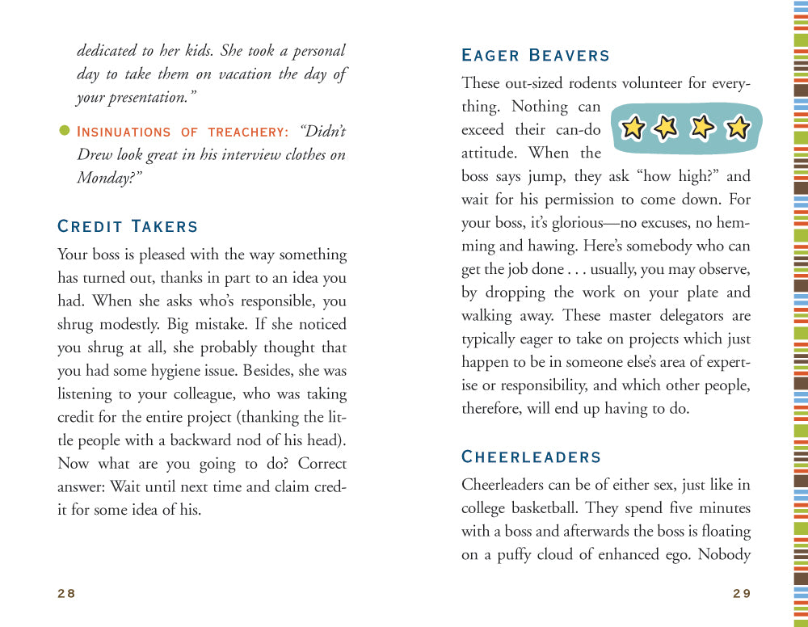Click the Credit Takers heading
(x=128, y=227)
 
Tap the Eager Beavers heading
(x=535, y=56)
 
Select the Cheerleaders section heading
(x=531, y=457)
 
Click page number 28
(x=66, y=593)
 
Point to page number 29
(x=742, y=593)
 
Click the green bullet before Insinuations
(x=65, y=130)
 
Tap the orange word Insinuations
(x=124, y=132)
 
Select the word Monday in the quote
(x=107, y=178)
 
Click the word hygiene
(x=242, y=371)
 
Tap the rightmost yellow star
(x=737, y=128)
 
